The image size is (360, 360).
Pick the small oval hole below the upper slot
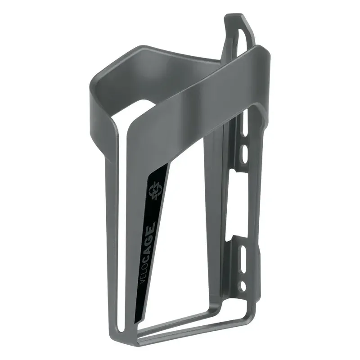pyautogui.click(x=243, y=154)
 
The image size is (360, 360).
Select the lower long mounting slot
pyautogui.click(x=243, y=261)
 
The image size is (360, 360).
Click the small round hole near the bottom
pyautogui.click(x=243, y=285)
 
